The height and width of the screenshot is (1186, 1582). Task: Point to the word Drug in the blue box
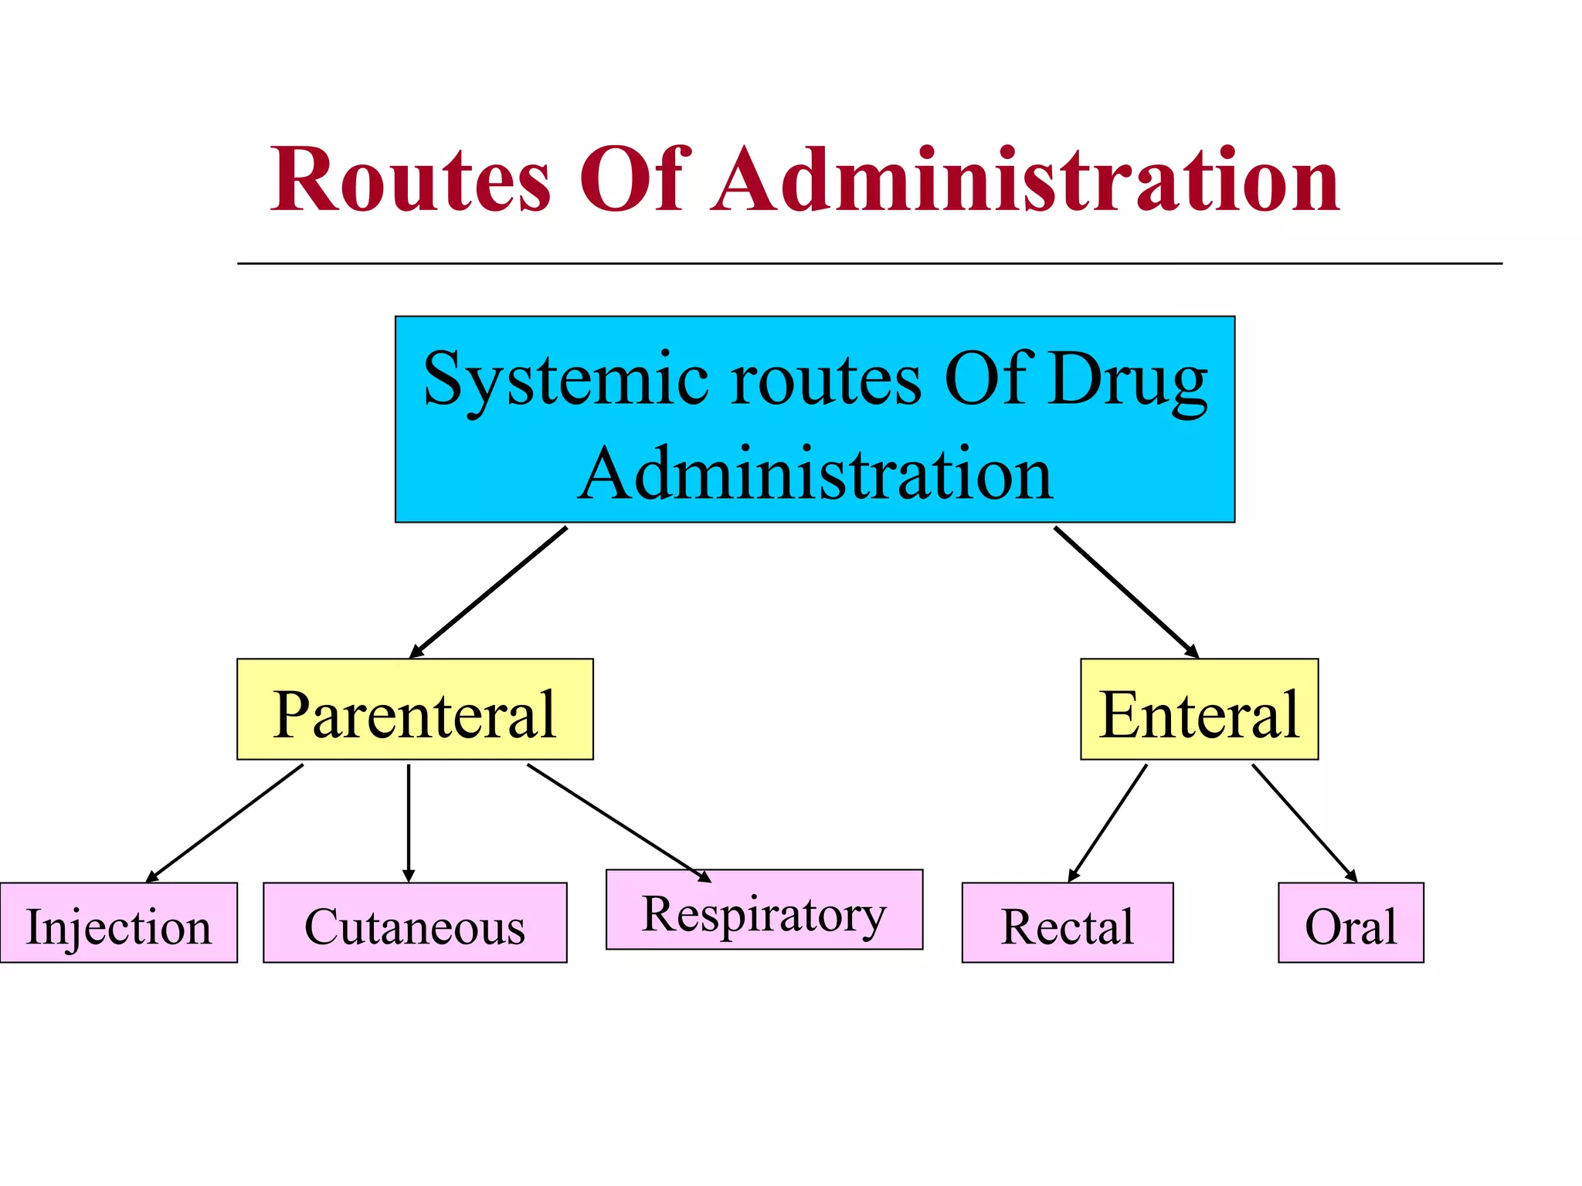click(x=1127, y=379)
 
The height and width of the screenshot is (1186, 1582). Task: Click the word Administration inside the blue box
click(x=815, y=474)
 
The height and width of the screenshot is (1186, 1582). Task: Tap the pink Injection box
click(x=118, y=923)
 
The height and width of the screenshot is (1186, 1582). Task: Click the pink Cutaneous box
click(x=415, y=923)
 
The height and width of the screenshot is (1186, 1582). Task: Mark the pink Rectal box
click(x=1067, y=923)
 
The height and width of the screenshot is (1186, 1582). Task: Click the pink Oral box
click(x=1350, y=923)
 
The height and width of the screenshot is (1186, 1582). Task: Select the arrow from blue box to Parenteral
click(x=489, y=592)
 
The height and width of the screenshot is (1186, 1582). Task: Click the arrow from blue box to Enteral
click(x=1126, y=592)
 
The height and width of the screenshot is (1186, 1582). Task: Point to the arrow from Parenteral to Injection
click(x=225, y=823)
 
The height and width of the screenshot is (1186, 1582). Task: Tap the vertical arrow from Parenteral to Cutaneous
click(x=409, y=823)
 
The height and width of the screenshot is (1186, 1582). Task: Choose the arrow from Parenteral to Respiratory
click(x=618, y=822)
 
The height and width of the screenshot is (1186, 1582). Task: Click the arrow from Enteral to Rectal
click(x=1108, y=823)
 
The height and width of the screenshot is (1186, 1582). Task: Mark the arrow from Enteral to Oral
click(x=1304, y=823)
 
